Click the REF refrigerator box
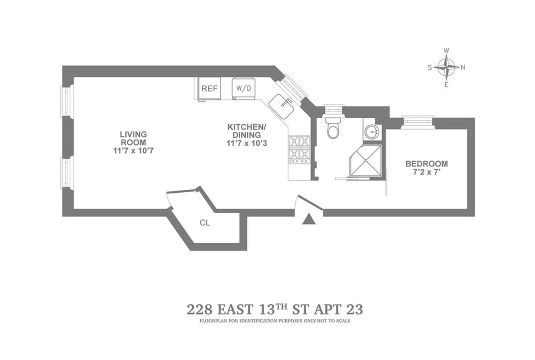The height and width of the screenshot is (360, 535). [x=209, y=89]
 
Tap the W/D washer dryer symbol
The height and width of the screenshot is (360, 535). [x=243, y=88]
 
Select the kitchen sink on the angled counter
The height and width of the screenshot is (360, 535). [x=281, y=106]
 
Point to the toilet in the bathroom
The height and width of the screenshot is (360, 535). [x=333, y=128]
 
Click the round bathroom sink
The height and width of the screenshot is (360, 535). [x=372, y=131]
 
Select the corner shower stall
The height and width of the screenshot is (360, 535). [x=366, y=161]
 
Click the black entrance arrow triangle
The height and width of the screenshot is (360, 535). [x=309, y=219]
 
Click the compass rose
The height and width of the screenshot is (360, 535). [x=446, y=68]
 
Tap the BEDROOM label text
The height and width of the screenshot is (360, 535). [x=426, y=164]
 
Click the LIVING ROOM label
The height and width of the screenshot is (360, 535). [x=133, y=138]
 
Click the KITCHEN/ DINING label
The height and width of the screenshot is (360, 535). [x=247, y=131]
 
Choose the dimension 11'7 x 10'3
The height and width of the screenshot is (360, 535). [x=247, y=143]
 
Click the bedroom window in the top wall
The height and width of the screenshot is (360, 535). [x=418, y=121]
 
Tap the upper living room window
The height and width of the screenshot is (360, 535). [x=66, y=102]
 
